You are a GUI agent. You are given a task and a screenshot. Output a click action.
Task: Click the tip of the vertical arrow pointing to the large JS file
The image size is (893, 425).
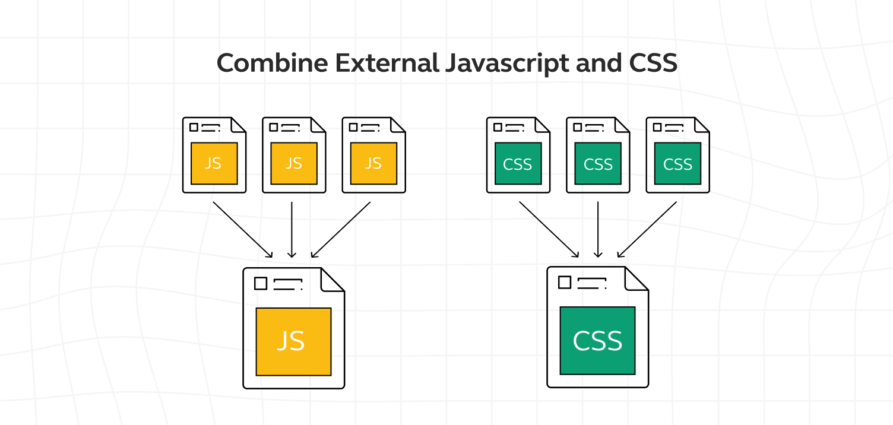click(x=292, y=258)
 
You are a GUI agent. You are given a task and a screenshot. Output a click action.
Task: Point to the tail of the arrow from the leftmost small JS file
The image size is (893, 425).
click(x=213, y=202)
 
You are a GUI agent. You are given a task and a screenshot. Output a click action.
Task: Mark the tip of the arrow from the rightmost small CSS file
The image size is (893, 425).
click(x=617, y=257)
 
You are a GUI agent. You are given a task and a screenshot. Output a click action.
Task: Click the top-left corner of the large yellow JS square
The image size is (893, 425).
click(x=256, y=308)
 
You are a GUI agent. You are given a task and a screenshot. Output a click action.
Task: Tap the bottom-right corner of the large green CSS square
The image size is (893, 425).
click(x=635, y=375)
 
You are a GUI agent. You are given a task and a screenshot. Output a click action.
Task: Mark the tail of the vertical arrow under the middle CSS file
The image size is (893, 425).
click(x=598, y=202)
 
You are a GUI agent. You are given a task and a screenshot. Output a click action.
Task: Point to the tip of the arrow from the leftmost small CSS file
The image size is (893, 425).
click(x=578, y=257)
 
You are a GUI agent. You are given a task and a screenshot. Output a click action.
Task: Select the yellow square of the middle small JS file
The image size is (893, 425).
click(x=294, y=163)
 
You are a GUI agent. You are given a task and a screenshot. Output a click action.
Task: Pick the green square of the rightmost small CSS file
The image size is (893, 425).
click(x=677, y=163)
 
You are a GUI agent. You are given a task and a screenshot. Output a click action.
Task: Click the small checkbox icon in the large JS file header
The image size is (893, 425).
click(x=261, y=284)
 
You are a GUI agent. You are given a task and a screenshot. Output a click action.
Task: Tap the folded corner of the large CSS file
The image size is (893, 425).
click(x=636, y=278)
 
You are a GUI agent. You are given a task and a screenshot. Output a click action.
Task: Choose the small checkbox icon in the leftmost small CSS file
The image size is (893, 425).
click(x=498, y=127)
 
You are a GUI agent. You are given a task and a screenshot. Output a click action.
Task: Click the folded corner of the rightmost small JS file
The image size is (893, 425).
click(x=398, y=125)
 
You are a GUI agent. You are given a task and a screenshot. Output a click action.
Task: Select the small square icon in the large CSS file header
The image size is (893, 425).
click(x=565, y=283)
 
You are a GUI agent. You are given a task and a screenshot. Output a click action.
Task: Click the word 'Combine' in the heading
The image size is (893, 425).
click(x=273, y=63)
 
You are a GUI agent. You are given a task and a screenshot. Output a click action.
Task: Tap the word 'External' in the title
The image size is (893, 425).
click(x=387, y=63)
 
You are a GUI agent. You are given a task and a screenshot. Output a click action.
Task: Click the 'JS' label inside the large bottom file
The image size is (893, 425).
click(x=291, y=341)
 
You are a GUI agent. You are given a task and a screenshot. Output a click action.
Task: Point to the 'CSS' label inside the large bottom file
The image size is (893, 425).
click(x=597, y=341)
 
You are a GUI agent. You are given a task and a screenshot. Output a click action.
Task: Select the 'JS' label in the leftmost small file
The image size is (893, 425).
click(x=213, y=163)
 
